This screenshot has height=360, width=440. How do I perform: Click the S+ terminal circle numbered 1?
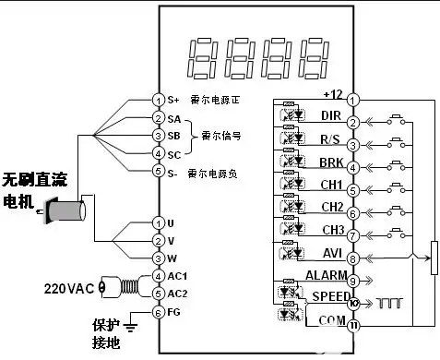158,100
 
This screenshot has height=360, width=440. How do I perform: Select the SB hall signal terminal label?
173,136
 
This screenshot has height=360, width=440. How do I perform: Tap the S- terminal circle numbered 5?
158,171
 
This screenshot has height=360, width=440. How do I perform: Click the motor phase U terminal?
158,223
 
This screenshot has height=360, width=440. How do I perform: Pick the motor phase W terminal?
158,258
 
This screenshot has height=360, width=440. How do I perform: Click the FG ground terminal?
158,312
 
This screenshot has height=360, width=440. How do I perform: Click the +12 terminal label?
333,94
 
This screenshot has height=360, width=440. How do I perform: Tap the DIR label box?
329,116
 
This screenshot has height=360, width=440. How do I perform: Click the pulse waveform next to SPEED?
388,302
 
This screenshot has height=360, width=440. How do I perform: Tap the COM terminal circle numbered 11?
353,326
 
